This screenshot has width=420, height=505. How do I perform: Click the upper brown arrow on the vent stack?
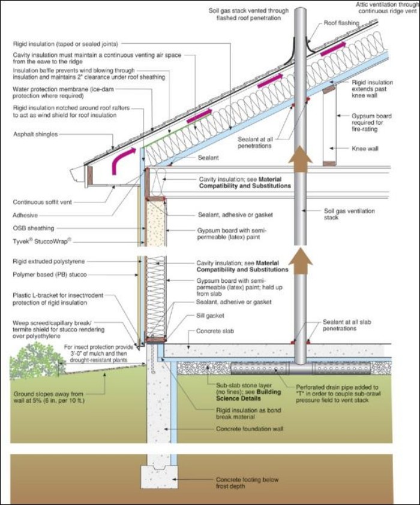300,159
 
